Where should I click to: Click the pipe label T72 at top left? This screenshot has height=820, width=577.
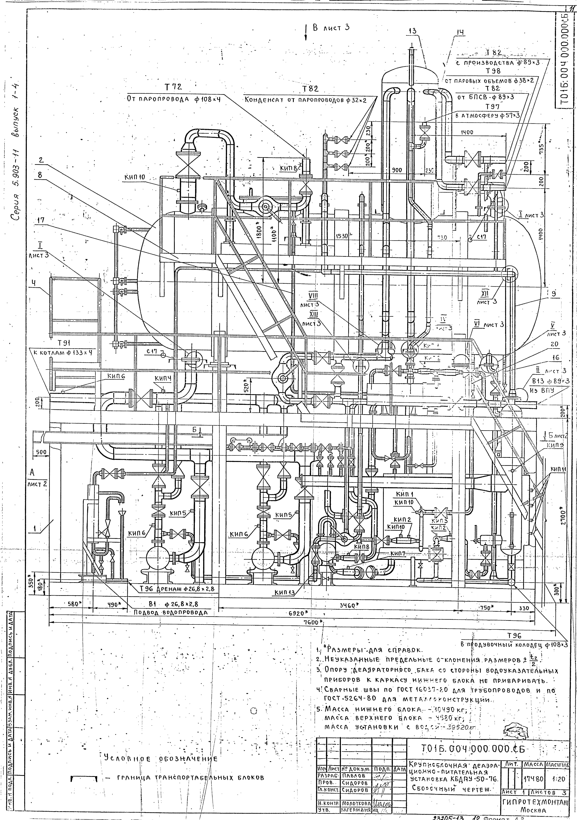click(x=173, y=87)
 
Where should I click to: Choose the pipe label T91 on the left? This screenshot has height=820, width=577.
click(x=63, y=343)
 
